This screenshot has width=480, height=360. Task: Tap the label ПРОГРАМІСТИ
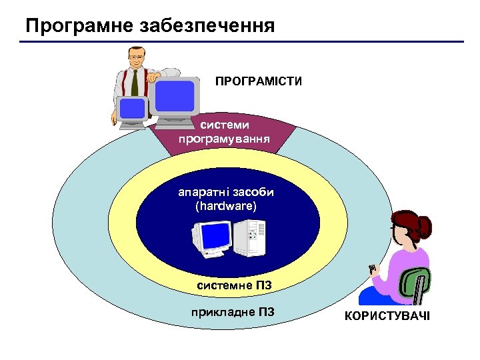click(x=258, y=82)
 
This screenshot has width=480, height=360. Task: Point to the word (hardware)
click(x=225, y=206)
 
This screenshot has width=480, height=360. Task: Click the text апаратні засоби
click(x=225, y=192)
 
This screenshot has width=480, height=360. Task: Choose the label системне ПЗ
click(x=234, y=286)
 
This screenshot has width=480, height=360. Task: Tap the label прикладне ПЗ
click(x=232, y=313)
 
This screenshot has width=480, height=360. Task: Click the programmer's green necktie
click(x=135, y=83)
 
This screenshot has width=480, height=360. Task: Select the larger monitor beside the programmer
click(x=174, y=96)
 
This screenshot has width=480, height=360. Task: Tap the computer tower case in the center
click(x=251, y=238)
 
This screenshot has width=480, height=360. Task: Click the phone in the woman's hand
click(x=373, y=269)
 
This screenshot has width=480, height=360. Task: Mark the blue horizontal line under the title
click(x=240, y=42)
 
